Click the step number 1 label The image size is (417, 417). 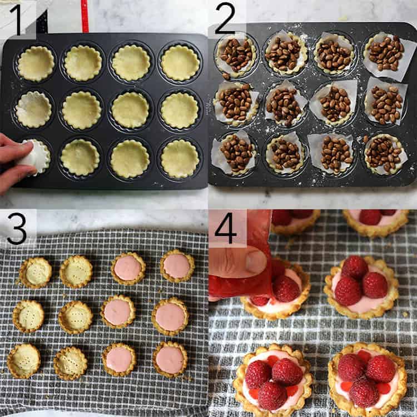pos(18,19)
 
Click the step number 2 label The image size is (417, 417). pos(225,19)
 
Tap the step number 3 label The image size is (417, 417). pos(17,228)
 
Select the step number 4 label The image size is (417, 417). pos(226,228)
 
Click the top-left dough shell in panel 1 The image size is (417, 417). pos(36,63)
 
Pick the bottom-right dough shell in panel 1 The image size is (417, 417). pos(179,158)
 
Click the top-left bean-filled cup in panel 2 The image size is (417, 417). pos(236,54)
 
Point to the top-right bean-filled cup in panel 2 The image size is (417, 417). pos(385,53)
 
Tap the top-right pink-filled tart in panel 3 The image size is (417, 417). pos(177,266)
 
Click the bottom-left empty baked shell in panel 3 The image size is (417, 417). pos(23,360)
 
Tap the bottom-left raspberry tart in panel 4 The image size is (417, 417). pos(273,380)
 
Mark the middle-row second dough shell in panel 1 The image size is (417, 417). pos(82,110)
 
